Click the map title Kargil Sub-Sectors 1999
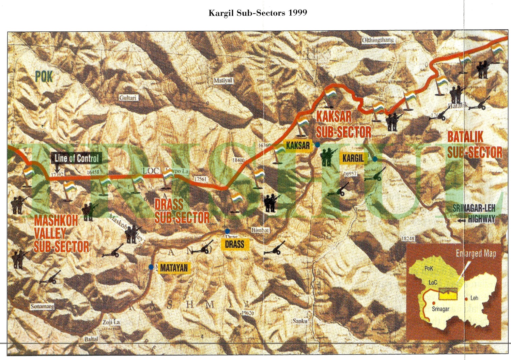(258, 13)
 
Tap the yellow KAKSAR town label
(298, 146)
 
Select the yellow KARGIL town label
(353, 158)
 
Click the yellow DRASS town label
(234, 244)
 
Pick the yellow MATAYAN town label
(174, 268)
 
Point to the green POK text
(44, 77)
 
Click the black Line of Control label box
(77, 158)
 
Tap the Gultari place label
(128, 98)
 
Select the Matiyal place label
(223, 81)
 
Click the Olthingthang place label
(378, 40)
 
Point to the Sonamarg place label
(42, 307)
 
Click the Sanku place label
(300, 321)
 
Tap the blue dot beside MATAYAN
(151, 267)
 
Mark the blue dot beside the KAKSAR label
(318, 145)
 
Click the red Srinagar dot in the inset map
(434, 303)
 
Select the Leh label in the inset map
(474, 298)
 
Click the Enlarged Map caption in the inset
(476, 254)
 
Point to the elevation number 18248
(408, 239)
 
